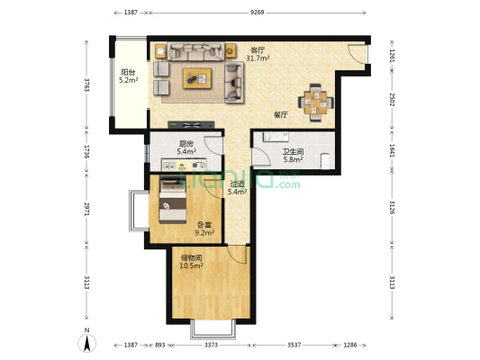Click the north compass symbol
tap(87, 341)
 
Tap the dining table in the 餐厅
tap(315, 103)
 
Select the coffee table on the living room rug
tap(197, 78)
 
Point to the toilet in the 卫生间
tap(325, 161)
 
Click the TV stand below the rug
tap(191, 125)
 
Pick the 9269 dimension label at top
tap(257, 13)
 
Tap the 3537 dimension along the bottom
tap(294, 345)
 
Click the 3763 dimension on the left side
tap(87, 85)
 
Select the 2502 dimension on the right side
tap(392, 99)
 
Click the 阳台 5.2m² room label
tap(128, 76)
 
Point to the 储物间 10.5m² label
tap(191, 262)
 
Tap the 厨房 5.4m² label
tap(186, 147)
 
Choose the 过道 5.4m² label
tap(237, 188)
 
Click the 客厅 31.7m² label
tap(258, 54)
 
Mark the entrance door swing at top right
tap(357, 54)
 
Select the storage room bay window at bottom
tap(213, 329)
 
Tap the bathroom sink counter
tap(276, 137)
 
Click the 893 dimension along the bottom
tap(160, 345)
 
